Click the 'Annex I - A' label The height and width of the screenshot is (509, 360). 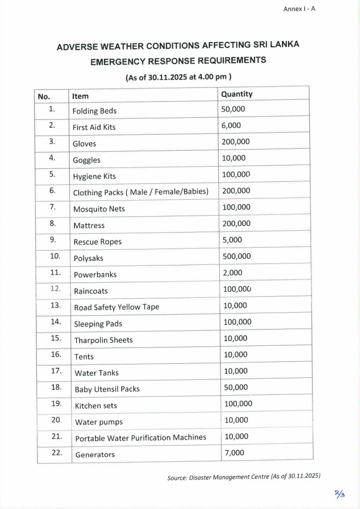tap(299, 9)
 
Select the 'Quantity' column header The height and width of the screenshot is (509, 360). tap(237, 94)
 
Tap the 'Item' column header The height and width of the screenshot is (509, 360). tap(81, 96)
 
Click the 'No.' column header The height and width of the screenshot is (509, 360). tap(44, 96)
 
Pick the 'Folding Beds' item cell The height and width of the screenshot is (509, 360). tap(94, 111)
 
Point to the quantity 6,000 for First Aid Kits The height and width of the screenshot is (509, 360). tap(231, 125)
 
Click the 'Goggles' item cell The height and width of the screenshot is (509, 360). tap(87, 160)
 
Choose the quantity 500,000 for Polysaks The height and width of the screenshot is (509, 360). tap(237, 256)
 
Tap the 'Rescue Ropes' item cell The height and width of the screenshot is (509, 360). tap(97, 242)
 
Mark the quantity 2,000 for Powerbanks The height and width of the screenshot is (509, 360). tap(232, 272)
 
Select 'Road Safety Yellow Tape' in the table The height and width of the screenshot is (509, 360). tap(117, 307)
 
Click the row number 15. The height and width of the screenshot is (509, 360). tap(56, 338)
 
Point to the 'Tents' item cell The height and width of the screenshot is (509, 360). tap(84, 356)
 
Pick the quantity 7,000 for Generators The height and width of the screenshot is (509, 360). tap(234, 453)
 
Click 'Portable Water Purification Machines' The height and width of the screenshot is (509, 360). tap(141, 438)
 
